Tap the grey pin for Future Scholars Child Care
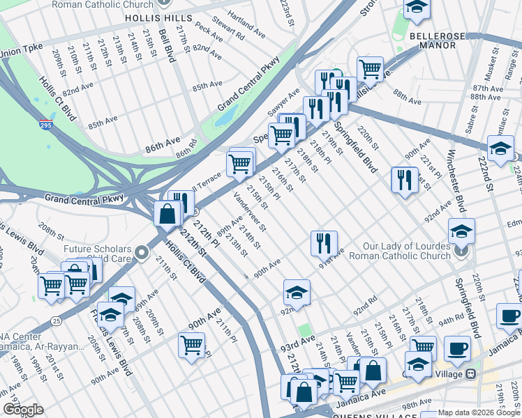[x=142, y=253]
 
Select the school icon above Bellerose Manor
[x=417, y=8]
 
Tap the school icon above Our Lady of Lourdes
[x=461, y=231]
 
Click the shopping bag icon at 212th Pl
[x=167, y=212]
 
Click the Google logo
[x=23, y=410]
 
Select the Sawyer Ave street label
[x=284, y=102]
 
